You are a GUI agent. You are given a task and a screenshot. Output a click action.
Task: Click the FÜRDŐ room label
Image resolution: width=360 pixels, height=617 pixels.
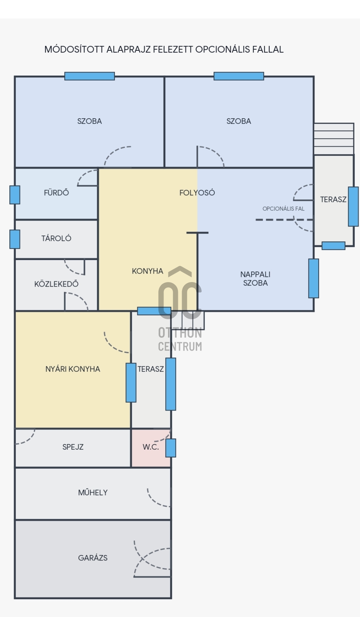[x=56, y=192]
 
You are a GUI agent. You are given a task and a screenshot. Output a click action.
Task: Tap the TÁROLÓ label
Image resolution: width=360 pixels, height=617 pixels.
[x=56, y=238]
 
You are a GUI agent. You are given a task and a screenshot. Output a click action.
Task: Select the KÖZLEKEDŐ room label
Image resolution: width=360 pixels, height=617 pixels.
[x=56, y=284]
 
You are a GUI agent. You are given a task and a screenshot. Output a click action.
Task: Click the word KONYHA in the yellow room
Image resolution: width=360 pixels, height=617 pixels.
[x=147, y=271]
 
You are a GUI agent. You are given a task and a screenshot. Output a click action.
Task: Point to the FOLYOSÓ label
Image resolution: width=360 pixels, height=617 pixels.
[x=197, y=192]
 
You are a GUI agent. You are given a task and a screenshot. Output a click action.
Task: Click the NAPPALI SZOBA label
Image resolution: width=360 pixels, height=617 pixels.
[x=255, y=279]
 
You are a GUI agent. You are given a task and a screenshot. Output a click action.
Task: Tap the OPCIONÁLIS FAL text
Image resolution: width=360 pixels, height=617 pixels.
[x=283, y=209]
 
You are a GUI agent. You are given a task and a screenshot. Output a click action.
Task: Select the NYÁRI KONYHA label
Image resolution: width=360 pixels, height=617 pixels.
[x=73, y=369]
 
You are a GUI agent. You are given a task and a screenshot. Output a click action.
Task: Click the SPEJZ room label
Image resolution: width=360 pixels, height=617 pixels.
[x=73, y=447]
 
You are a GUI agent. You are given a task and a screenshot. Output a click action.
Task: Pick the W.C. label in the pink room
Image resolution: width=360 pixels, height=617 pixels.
[x=151, y=447]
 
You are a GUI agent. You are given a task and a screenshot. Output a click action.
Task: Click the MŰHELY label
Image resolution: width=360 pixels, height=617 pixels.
[x=93, y=492]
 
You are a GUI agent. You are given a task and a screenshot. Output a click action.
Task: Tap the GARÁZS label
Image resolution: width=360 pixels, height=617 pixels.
[x=93, y=558]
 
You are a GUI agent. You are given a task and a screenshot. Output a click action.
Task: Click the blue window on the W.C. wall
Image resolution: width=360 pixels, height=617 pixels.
[x=171, y=448]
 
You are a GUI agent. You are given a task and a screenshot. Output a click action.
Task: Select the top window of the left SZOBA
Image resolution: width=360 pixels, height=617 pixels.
[x=90, y=76]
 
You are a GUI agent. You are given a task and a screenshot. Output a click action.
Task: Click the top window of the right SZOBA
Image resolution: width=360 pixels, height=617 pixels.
[x=239, y=76]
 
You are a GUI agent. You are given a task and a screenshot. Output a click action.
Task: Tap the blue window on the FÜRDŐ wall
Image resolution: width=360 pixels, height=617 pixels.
[x=15, y=195]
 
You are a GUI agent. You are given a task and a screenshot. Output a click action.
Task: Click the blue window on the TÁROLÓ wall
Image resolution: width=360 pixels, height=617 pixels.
[x=15, y=239]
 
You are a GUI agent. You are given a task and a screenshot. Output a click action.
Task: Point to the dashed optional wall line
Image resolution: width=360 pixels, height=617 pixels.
[x=284, y=220]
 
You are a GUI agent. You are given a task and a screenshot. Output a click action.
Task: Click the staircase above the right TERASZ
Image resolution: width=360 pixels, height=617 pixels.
[x=334, y=139]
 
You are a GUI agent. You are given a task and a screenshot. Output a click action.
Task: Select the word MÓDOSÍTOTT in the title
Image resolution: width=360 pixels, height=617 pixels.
[x=74, y=49]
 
